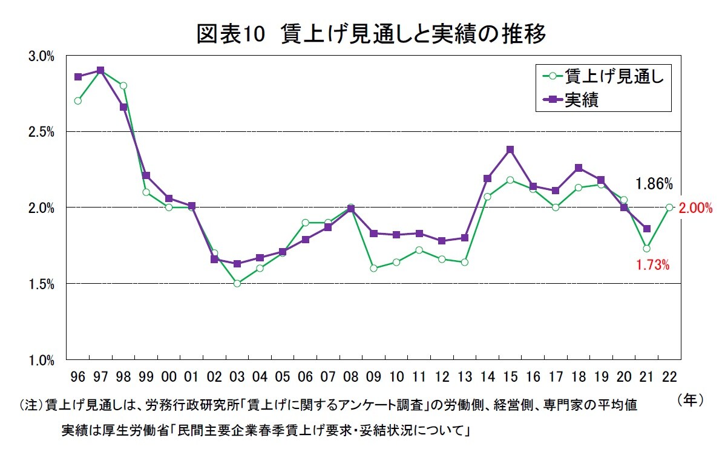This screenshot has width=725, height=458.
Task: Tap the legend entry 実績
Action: click(x=582, y=100)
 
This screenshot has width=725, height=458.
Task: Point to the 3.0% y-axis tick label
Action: click(x=42, y=56)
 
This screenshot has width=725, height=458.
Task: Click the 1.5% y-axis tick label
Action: click(x=42, y=284)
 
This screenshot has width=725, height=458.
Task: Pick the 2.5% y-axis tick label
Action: click(x=42, y=132)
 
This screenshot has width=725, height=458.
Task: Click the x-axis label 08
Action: click(x=350, y=377)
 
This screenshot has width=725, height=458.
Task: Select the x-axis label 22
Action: click(x=669, y=377)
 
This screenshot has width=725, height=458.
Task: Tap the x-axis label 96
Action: click(x=77, y=377)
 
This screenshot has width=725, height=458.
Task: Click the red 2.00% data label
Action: click(x=695, y=208)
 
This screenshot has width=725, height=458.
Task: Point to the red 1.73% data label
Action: click(x=652, y=264)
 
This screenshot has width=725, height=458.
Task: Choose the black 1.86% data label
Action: click(x=654, y=184)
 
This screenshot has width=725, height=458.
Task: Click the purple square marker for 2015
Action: click(x=510, y=149)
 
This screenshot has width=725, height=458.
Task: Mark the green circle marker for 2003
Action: click(x=237, y=283)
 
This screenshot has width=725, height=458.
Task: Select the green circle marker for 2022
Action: click(x=669, y=208)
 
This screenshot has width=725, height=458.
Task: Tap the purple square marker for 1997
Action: click(x=100, y=70)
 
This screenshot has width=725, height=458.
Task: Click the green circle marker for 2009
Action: click(x=373, y=268)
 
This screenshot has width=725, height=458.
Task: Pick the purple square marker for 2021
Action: click(x=647, y=229)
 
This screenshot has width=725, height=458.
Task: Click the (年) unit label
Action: click(x=689, y=400)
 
